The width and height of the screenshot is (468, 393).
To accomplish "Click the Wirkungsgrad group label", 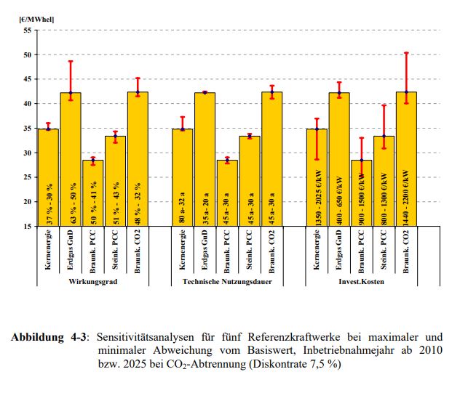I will [92, 281].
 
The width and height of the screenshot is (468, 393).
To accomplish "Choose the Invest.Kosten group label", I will [360, 281].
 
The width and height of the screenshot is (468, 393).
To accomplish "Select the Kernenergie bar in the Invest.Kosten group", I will [317, 177].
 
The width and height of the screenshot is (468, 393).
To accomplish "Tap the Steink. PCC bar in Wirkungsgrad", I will [115, 181].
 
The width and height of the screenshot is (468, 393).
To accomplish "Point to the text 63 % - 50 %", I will [71, 203].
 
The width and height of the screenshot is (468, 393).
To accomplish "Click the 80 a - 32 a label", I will [183, 204].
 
